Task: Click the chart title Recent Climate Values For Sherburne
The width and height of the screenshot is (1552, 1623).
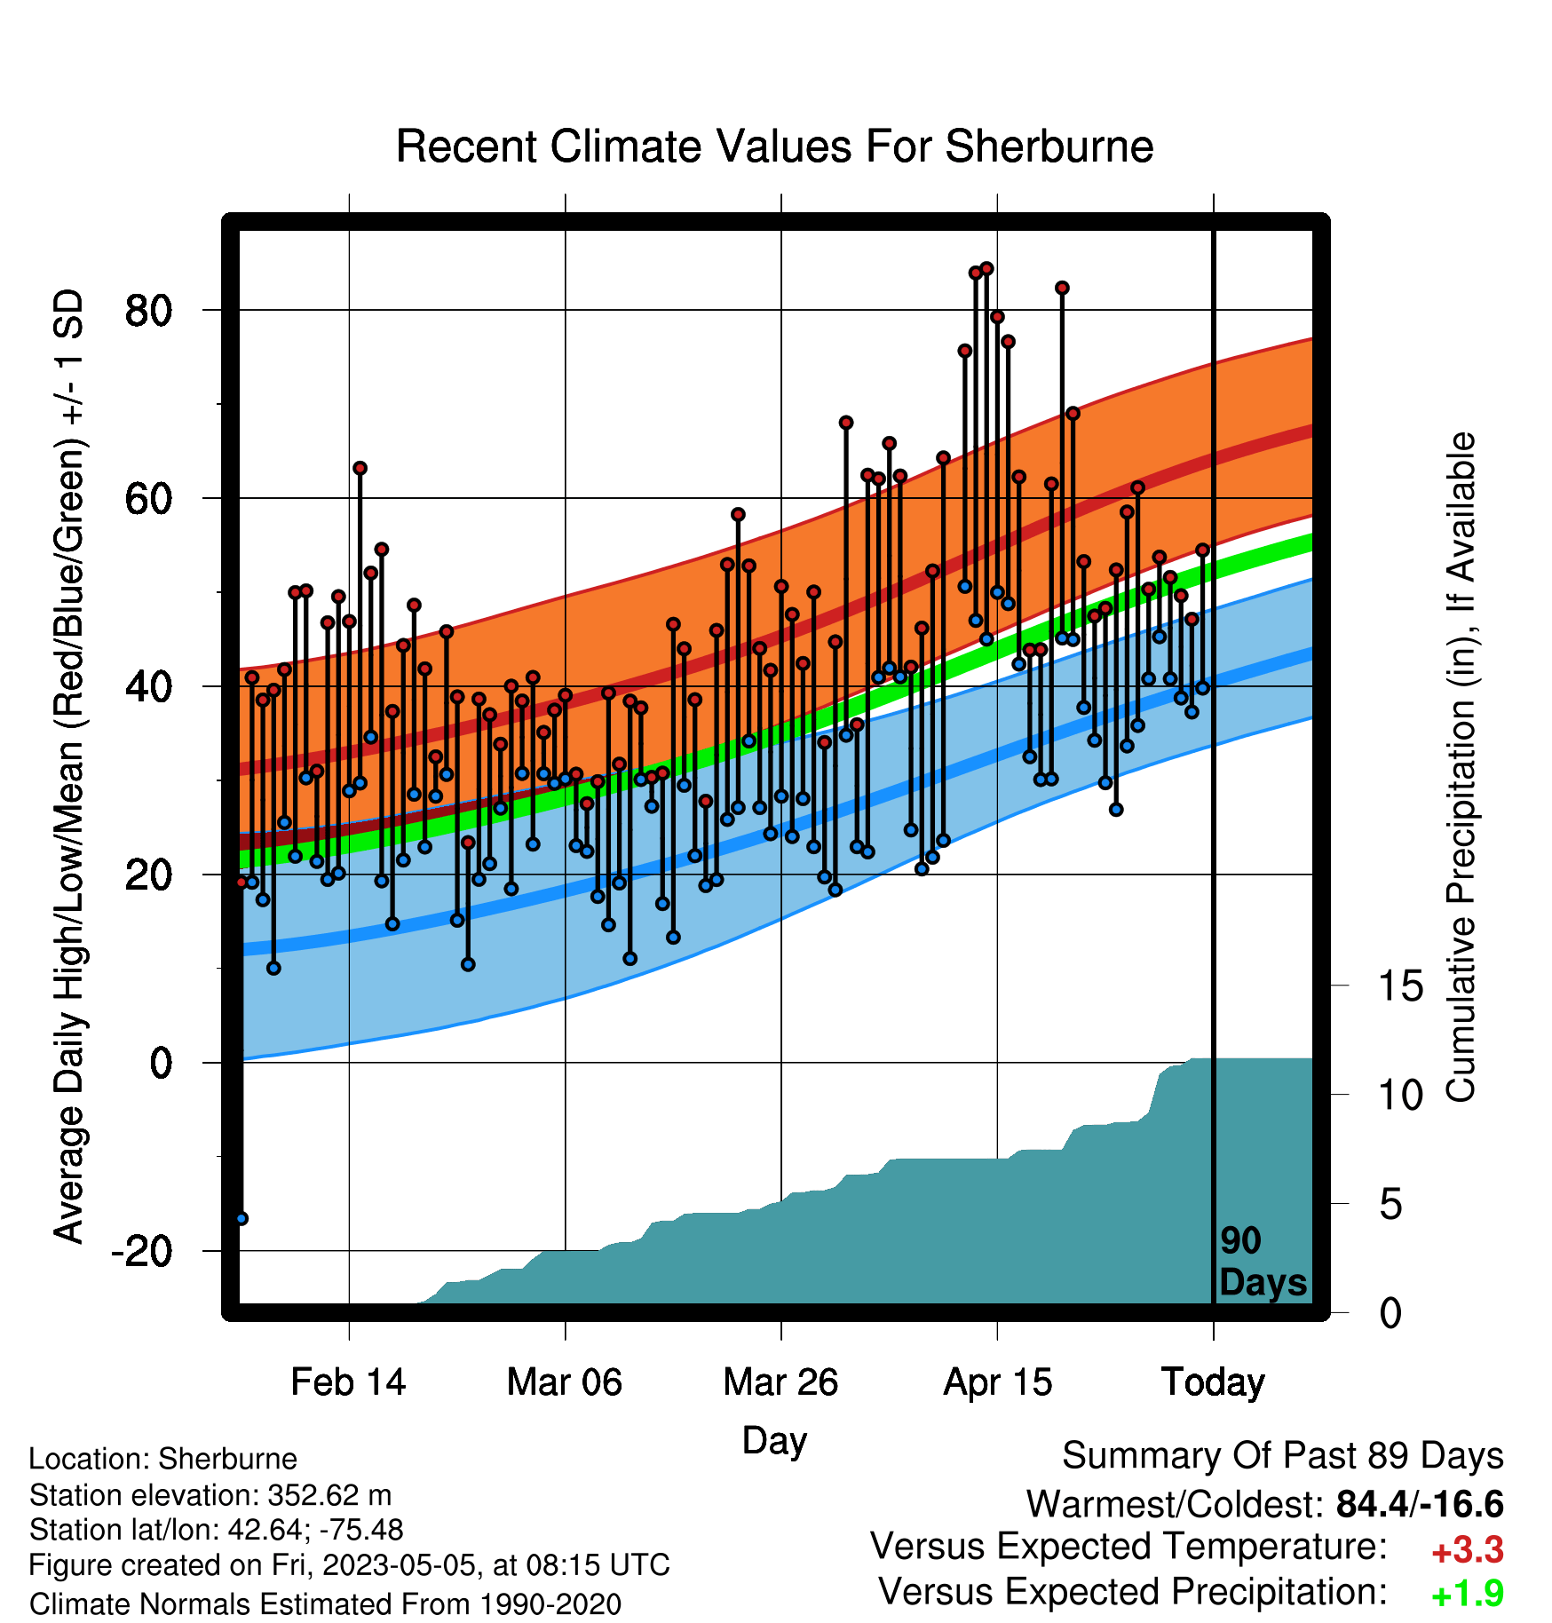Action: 774,146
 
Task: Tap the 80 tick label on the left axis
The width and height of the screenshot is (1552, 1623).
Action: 148,311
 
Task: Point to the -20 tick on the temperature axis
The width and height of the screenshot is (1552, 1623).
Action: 141,1252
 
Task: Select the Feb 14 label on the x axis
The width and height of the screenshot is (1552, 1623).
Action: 348,1382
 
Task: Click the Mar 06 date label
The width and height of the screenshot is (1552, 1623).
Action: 565,1382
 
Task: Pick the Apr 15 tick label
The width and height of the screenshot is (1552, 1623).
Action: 997,1382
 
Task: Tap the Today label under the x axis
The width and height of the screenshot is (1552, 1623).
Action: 1213,1382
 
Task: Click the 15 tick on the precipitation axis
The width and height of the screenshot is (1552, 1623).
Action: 1400,986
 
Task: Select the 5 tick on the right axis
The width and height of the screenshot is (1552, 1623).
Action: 1390,1205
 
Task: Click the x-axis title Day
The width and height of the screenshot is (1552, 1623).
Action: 774,1441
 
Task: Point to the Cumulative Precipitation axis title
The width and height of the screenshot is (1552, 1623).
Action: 1461,768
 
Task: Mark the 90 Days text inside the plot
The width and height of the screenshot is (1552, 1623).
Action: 1263,1262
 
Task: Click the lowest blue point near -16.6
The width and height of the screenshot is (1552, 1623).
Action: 242,1218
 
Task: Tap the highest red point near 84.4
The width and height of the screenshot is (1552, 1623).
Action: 986,269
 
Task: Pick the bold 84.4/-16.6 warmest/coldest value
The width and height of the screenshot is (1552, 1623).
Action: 1420,1504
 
